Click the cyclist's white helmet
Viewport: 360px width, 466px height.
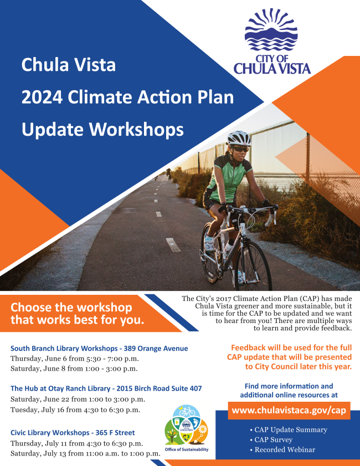(x=239, y=138)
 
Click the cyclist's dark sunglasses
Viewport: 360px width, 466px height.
(x=240, y=149)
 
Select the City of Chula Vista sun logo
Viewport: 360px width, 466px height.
(x=271, y=42)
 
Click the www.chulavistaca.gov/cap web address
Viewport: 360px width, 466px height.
(x=289, y=411)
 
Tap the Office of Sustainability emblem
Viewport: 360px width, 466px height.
(x=187, y=428)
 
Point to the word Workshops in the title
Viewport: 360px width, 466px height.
(x=136, y=130)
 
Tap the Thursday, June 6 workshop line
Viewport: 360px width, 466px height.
(x=75, y=359)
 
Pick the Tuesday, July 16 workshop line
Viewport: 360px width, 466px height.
(x=75, y=410)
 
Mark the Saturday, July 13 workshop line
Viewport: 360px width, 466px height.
(x=85, y=453)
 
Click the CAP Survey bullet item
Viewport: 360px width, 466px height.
(x=271, y=439)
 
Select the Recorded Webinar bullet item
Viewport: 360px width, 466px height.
(x=282, y=450)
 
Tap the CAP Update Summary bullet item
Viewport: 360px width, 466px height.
(x=289, y=430)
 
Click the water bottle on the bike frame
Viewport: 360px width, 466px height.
(x=228, y=245)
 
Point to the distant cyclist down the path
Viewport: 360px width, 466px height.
(x=169, y=174)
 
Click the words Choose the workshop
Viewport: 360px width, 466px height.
(x=71, y=308)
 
